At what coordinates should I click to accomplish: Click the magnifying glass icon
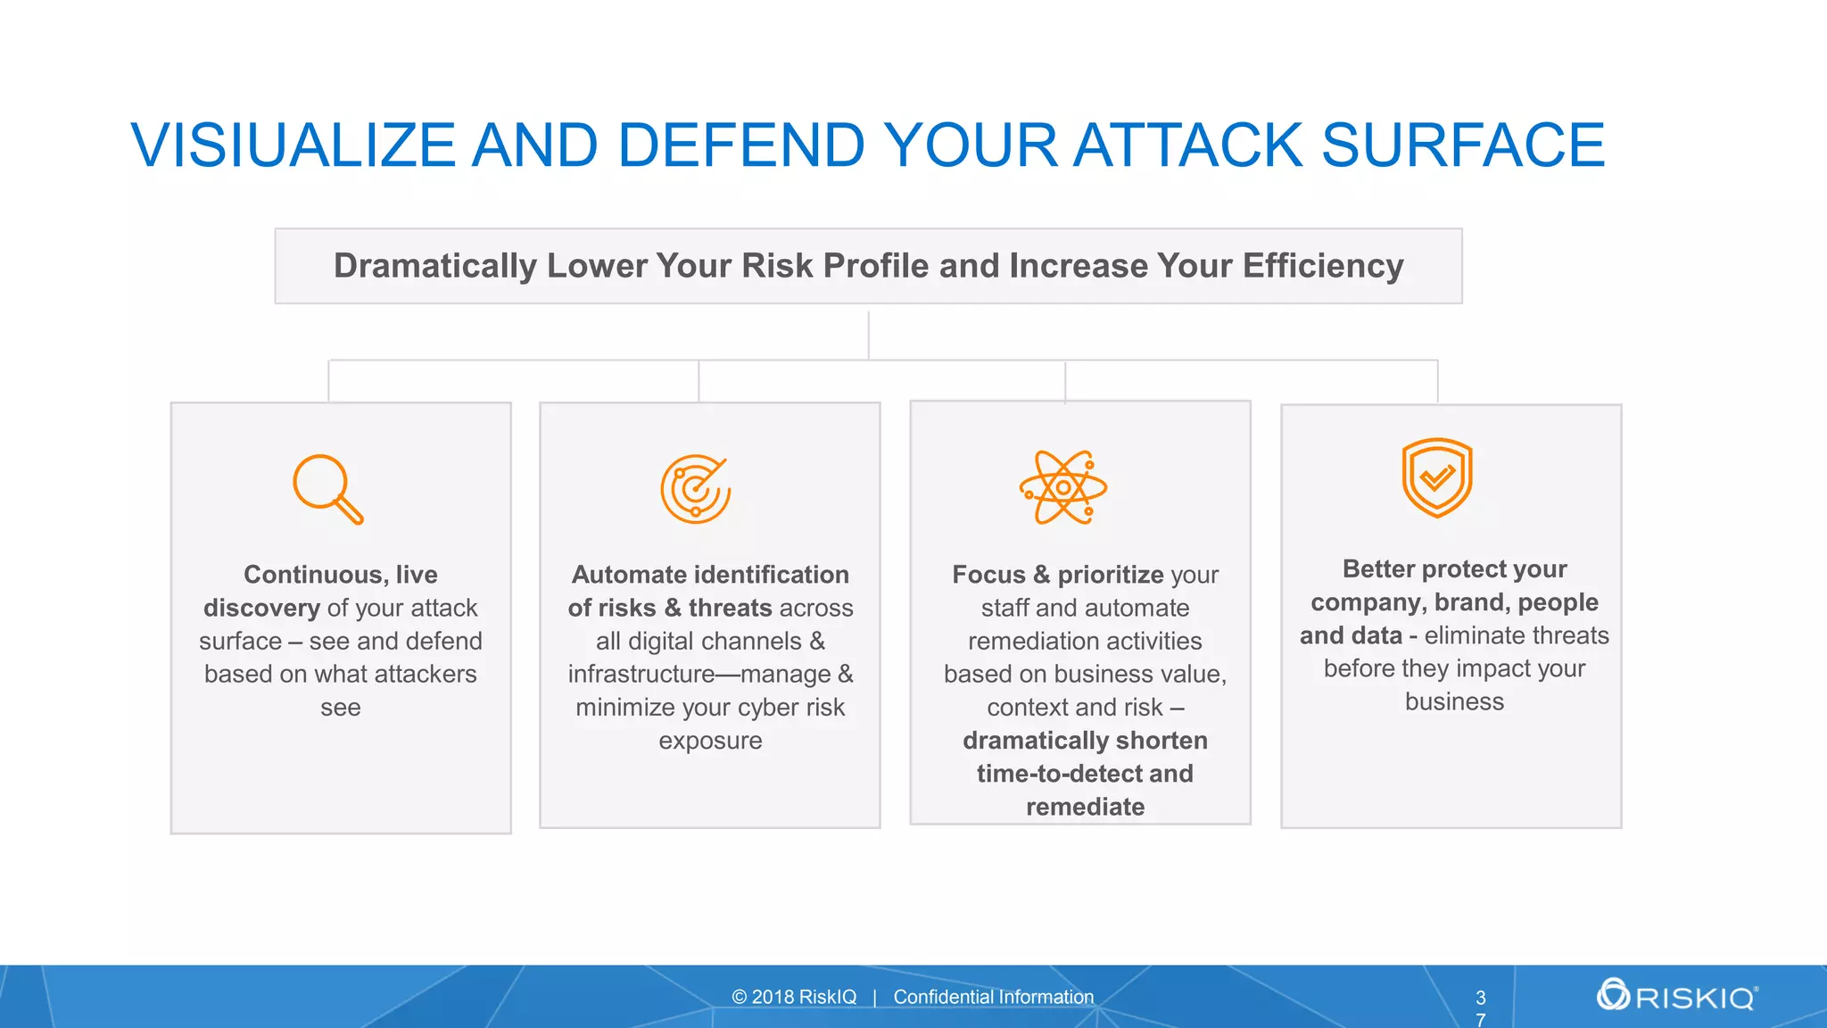pyautogui.click(x=327, y=489)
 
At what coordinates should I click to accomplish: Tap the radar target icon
pyautogui.click(x=695, y=489)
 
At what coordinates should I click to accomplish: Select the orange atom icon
pyautogui.click(x=1062, y=487)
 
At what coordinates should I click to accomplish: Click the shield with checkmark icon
pyautogui.click(x=1436, y=477)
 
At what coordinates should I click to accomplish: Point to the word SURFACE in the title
pyautogui.click(x=1463, y=145)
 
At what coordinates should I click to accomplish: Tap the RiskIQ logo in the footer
pyautogui.click(x=1677, y=995)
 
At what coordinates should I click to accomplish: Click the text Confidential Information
pyautogui.click(x=993, y=997)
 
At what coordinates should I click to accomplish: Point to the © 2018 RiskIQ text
pyautogui.click(x=794, y=997)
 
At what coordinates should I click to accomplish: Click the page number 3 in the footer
pyautogui.click(x=1481, y=998)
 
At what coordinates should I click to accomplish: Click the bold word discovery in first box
pyautogui.click(x=261, y=609)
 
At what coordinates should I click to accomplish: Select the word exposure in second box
pyautogui.click(x=710, y=741)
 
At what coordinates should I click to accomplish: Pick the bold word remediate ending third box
pyautogui.click(x=1085, y=807)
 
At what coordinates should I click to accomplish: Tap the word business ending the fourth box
pyautogui.click(x=1454, y=702)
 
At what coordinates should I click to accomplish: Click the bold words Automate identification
pyautogui.click(x=710, y=575)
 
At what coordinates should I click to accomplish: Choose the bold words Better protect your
pyautogui.click(x=1454, y=569)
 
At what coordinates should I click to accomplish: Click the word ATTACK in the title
pyautogui.click(x=1187, y=145)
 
